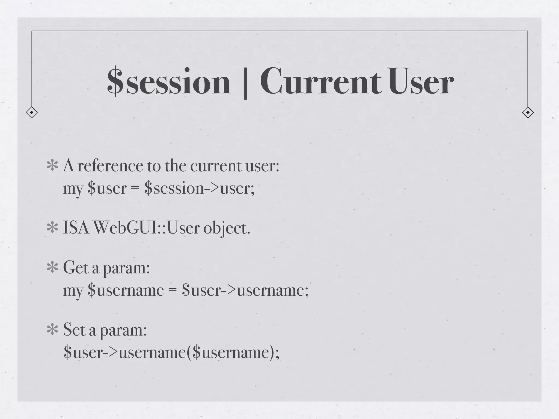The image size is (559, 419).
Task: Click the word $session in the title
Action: [169, 82]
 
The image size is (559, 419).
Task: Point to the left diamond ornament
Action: [32, 112]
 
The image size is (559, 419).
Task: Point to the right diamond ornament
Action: [528, 112]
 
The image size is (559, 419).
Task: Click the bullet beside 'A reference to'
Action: [52, 166]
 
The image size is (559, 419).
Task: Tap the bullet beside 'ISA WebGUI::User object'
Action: [52, 228]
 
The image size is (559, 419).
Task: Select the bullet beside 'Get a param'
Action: [52, 268]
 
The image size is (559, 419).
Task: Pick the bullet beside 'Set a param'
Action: [52, 330]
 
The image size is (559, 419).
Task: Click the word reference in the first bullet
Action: [110, 166]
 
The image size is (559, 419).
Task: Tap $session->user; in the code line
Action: [200, 188]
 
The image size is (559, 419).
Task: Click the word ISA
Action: [76, 228]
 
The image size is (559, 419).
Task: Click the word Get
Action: [76, 268]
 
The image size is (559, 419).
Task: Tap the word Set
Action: [74, 330]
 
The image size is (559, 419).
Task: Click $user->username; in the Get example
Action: [245, 290]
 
